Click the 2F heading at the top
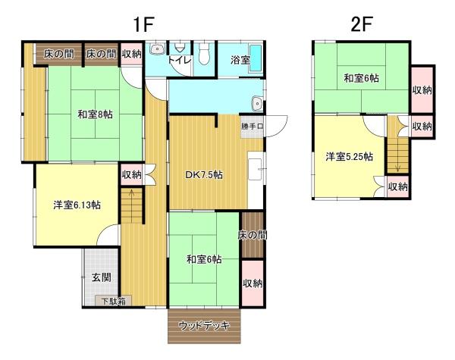pos(362,23)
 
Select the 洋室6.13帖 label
pos(77,205)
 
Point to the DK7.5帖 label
pos(204,175)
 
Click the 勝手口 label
pos(252,126)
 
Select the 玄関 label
pos(102,277)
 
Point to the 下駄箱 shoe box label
pos(115,301)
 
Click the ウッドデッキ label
pos(204,326)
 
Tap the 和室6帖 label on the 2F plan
pos(361,78)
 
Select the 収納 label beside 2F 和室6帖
pos(422,89)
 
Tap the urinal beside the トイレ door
pos(157,51)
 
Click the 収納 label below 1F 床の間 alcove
pos(253,283)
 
